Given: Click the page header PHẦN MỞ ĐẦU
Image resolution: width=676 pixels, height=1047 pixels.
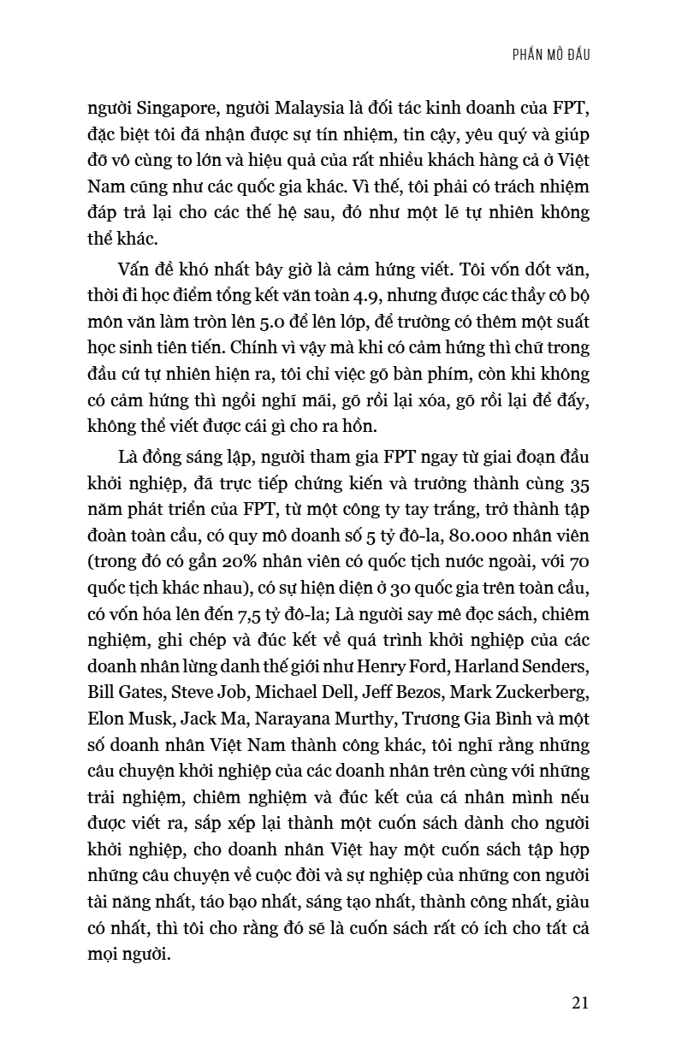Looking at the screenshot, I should coord(547,54).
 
